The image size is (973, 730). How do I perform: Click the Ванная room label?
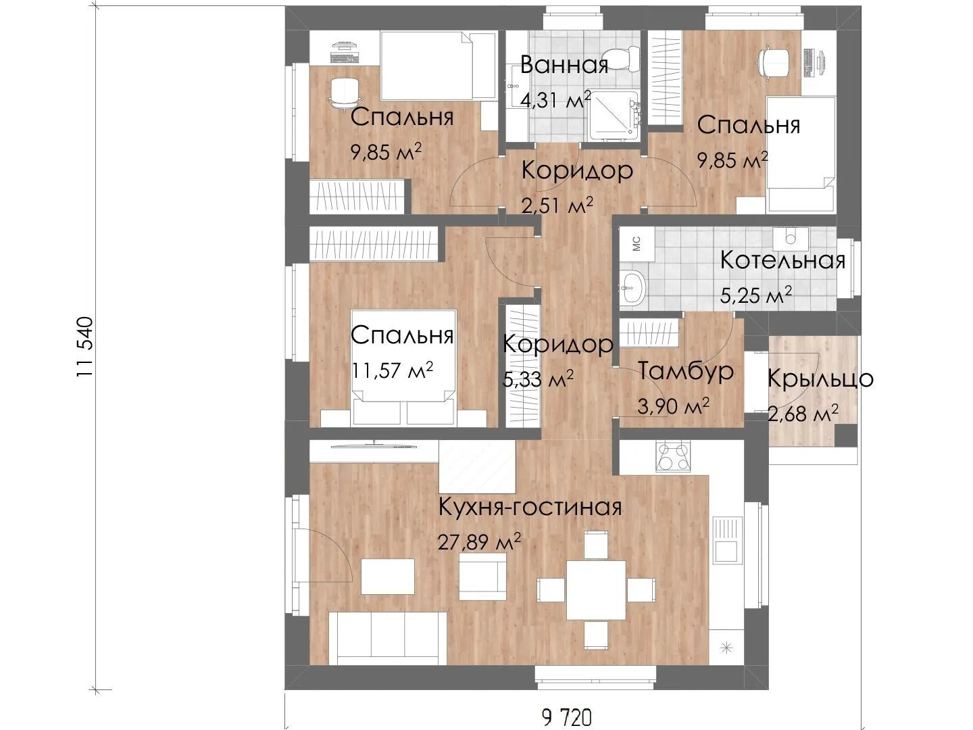pyautogui.click(x=564, y=65)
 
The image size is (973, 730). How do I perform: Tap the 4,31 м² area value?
pyautogui.click(x=555, y=100)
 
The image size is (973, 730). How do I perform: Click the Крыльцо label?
pyautogui.click(x=820, y=379)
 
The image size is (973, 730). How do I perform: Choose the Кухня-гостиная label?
pyautogui.click(x=530, y=507)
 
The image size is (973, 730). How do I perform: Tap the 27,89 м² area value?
pyautogui.click(x=479, y=541)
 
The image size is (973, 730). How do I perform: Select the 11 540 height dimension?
pyautogui.click(x=84, y=347)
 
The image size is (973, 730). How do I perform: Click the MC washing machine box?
pyautogui.click(x=637, y=245)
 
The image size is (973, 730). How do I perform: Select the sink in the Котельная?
pyautogui.click(x=632, y=288)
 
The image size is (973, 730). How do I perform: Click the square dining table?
pyautogui.click(x=596, y=590)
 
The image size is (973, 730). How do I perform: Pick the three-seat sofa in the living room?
pyautogui.click(x=387, y=638)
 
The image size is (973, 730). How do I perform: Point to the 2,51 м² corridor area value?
pyautogui.click(x=557, y=205)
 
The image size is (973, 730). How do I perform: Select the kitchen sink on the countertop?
pyautogui.click(x=727, y=540)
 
